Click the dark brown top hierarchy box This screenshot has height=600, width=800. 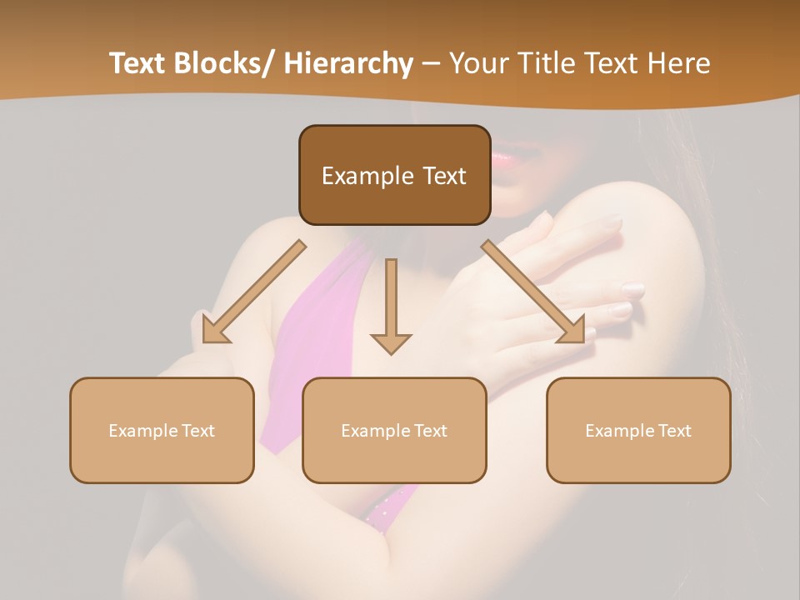pos(394,175)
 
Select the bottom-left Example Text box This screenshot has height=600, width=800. pos(162,430)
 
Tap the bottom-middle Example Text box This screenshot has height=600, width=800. pos(394,430)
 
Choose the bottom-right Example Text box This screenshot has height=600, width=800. pos(638,430)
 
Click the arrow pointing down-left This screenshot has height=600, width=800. pos(254,292)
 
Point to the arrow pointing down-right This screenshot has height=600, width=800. pos(533,292)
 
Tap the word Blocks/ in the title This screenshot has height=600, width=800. pos(224,63)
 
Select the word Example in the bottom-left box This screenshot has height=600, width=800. pos(143,431)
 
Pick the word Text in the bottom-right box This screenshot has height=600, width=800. pos(673,431)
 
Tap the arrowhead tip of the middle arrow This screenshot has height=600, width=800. pos(391,353)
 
